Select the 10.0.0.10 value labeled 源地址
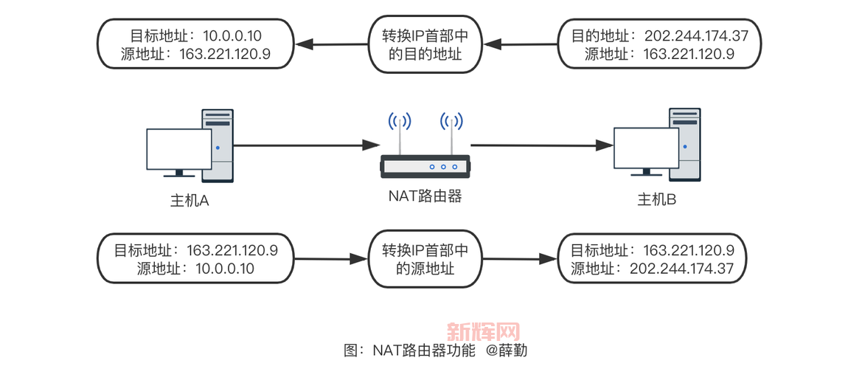[225, 268]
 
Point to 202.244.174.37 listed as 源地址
[682, 268]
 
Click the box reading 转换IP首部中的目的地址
[424, 44]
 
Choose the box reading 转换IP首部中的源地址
[424, 259]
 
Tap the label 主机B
[657, 200]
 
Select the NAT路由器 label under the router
[425, 196]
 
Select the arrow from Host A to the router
[302, 145]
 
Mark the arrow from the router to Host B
[542, 145]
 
